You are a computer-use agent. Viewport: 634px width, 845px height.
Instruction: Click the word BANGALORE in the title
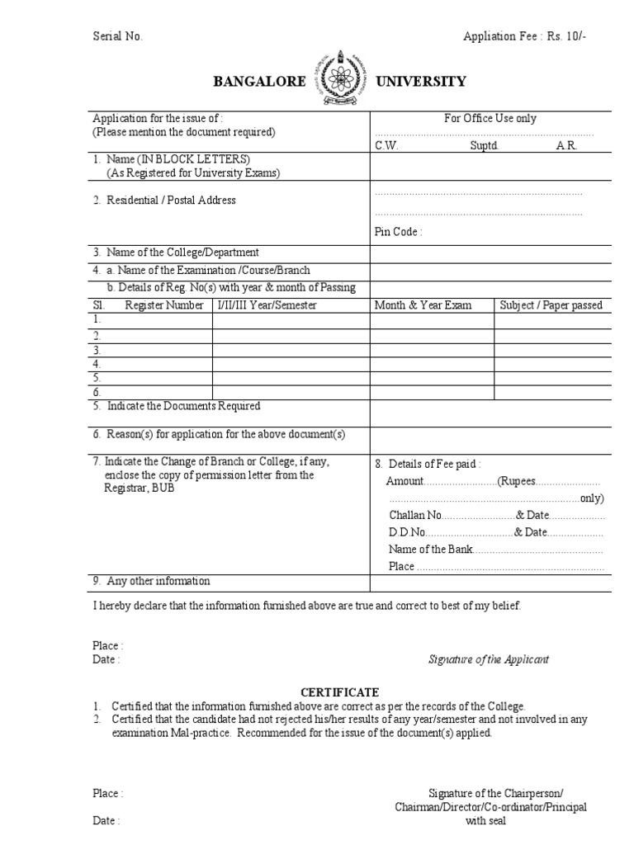(x=259, y=82)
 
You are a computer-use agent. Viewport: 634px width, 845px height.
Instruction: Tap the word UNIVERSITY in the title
(x=421, y=82)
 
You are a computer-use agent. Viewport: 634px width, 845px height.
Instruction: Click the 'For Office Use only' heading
(x=490, y=119)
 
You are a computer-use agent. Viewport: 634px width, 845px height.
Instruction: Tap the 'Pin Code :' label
(x=399, y=232)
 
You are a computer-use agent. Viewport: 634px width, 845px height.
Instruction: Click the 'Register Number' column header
(x=164, y=305)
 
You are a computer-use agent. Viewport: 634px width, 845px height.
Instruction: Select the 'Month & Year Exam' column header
(x=423, y=305)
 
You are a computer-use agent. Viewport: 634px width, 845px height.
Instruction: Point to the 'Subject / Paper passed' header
(x=551, y=305)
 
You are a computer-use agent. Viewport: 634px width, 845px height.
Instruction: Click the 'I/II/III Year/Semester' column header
(x=267, y=305)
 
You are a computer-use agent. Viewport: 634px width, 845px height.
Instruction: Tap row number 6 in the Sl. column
(x=97, y=391)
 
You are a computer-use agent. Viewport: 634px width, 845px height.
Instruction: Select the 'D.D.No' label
(x=407, y=532)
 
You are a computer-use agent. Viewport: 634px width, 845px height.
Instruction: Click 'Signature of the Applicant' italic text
(x=489, y=659)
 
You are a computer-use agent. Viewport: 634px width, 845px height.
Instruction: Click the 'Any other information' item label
(x=158, y=581)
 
